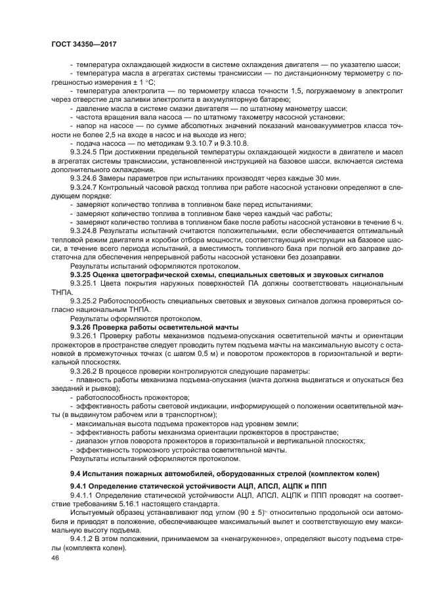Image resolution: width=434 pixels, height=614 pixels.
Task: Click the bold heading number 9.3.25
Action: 79,274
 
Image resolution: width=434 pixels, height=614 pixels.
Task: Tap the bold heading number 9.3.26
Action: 79,326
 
